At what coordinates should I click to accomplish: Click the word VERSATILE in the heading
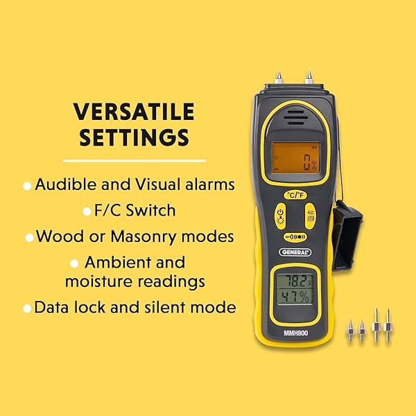[x=134, y=112]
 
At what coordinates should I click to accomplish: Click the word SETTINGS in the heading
[x=135, y=137]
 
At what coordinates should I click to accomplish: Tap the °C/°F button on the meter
[x=295, y=196]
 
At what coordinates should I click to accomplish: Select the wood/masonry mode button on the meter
[x=310, y=216]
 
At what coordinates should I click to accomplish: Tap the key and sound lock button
[x=295, y=236]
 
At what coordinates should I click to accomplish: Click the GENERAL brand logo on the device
[x=295, y=252]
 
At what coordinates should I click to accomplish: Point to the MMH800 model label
[x=296, y=333]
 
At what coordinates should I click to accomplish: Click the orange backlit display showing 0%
[x=295, y=158]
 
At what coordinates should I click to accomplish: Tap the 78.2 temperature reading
[x=295, y=281]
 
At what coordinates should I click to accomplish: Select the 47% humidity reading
[x=295, y=297]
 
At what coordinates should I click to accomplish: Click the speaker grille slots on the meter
[x=296, y=118]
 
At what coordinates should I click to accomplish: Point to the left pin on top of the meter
[x=278, y=77]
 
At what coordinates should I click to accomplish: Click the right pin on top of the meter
[x=309, y=77]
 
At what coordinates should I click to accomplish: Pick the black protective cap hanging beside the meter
[x=347, y=235]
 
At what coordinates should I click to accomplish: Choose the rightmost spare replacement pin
[x=388, y=325]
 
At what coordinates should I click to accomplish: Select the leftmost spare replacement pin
[x=350, y=331]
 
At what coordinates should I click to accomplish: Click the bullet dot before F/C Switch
[x=87, y=211]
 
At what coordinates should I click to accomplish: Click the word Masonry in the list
[x=144, y=236]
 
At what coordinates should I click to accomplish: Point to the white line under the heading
[x=135, y=161]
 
